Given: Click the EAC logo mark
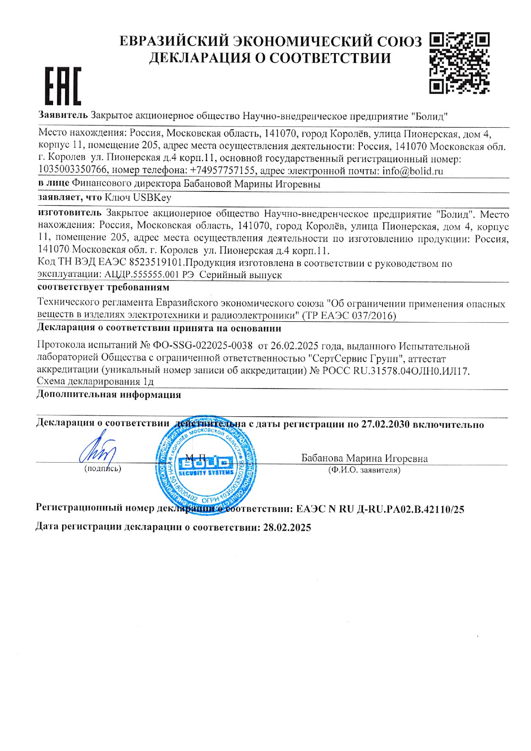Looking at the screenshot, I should [x=63, y=86].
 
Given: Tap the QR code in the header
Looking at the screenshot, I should [x=459, y=63].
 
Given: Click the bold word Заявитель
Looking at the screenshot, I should [x=63, y=116].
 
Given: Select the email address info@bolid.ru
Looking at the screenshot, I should [x=413, y=171].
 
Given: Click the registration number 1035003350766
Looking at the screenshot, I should [x=73, y=170].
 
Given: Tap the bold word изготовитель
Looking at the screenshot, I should [x=70, y=214].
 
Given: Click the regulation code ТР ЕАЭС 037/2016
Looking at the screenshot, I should [x=349, y=316].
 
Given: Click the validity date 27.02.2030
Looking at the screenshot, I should [x=386, y=424].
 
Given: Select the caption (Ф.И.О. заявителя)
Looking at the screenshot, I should [x=364, y=470].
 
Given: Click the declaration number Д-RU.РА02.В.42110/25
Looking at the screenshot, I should [x=411, y=509].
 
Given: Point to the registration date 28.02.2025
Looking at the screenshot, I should [x=287, y=527].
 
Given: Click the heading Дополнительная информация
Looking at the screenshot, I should [x=109, y=395].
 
